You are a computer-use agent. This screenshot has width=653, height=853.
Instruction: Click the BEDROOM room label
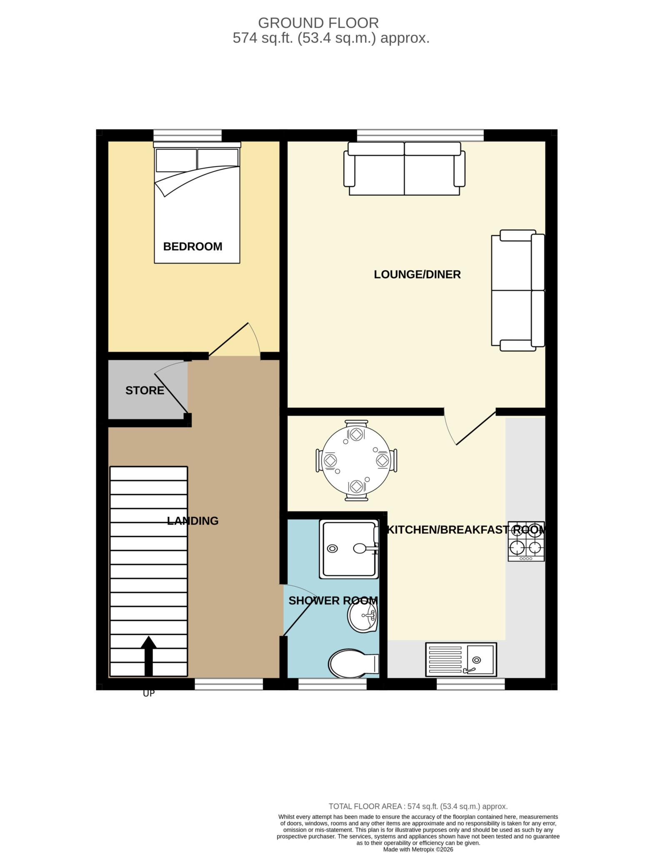(x=193, y=247)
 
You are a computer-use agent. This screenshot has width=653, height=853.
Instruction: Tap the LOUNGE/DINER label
(x=417, y=274)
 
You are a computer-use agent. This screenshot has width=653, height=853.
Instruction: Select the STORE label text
(x=145, y=391)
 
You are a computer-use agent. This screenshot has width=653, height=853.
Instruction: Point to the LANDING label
(x=193, y=521)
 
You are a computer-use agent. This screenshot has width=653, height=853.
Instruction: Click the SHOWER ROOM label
(x=333, y=601)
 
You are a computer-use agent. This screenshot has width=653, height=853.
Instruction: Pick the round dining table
(x=356, y=461)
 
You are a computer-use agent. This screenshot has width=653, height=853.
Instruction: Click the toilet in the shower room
(x=353, y=664)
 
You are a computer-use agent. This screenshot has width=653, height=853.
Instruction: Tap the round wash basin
(x=363, y=617)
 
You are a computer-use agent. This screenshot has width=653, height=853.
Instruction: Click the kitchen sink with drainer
(x=461, y=660)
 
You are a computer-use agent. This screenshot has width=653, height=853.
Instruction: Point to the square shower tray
(x=349, y=549)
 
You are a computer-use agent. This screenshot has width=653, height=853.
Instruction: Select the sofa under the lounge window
(x=404, y=169)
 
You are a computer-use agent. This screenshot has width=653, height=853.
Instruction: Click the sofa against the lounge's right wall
(x=518, y=290)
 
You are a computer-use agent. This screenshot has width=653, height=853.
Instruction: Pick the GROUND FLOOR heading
(x=318, y=22)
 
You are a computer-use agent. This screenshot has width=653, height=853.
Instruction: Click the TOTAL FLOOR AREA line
(x=418, y=806)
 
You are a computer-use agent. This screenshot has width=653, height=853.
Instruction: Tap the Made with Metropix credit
(x=418, y=849)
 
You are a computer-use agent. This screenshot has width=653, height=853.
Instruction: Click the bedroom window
(x=188, y=136)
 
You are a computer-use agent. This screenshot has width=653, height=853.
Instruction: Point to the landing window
(x=229, y=684)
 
